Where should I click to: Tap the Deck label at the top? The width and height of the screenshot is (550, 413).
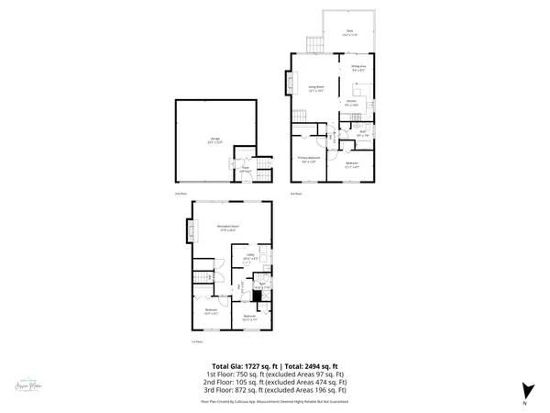click(x=349, y=31)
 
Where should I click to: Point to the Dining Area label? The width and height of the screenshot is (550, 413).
click(x=358, y=68)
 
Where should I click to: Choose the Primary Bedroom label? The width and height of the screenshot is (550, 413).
click(x=308, y=160)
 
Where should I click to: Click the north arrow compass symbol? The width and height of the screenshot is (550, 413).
click(x=525, y=390)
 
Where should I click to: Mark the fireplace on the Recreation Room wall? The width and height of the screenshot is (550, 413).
click(x=189, y=228)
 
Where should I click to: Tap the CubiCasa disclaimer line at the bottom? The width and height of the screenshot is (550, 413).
click(x=275, y=401)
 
